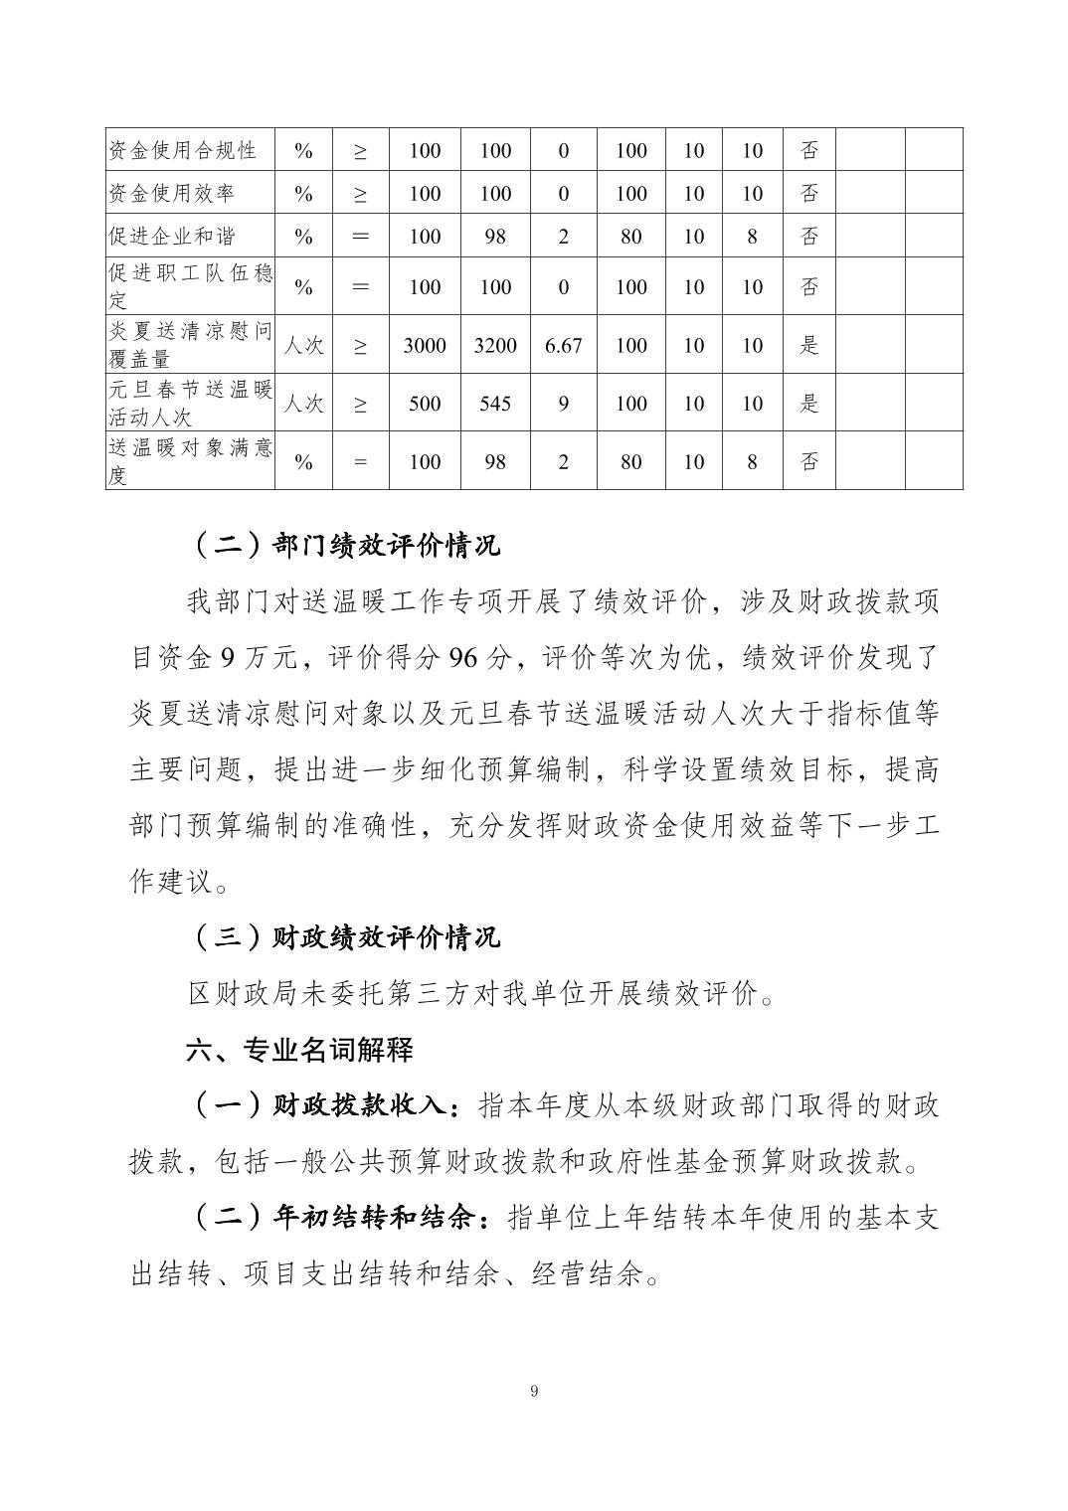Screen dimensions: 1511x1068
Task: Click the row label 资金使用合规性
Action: point(183,150)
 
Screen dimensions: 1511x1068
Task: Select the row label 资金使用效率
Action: point(172,193)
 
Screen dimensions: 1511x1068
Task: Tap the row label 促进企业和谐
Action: point(172,237)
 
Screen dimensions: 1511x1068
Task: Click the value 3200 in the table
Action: point(495,346)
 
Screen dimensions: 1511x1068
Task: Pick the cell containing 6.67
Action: point(564,346)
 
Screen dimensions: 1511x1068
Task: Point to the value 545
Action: point(495,404)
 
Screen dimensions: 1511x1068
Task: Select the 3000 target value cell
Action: point(425,346)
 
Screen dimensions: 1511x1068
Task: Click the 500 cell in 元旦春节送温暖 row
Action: point(425,404)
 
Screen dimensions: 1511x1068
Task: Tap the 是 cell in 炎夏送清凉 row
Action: point(809,346)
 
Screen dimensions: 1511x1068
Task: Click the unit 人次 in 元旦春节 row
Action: point(303,404)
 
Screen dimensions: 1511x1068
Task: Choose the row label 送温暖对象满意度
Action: point(190,461)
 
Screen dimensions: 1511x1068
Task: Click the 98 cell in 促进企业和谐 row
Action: point(495,237)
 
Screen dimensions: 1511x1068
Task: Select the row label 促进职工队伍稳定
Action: point(190,286)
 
